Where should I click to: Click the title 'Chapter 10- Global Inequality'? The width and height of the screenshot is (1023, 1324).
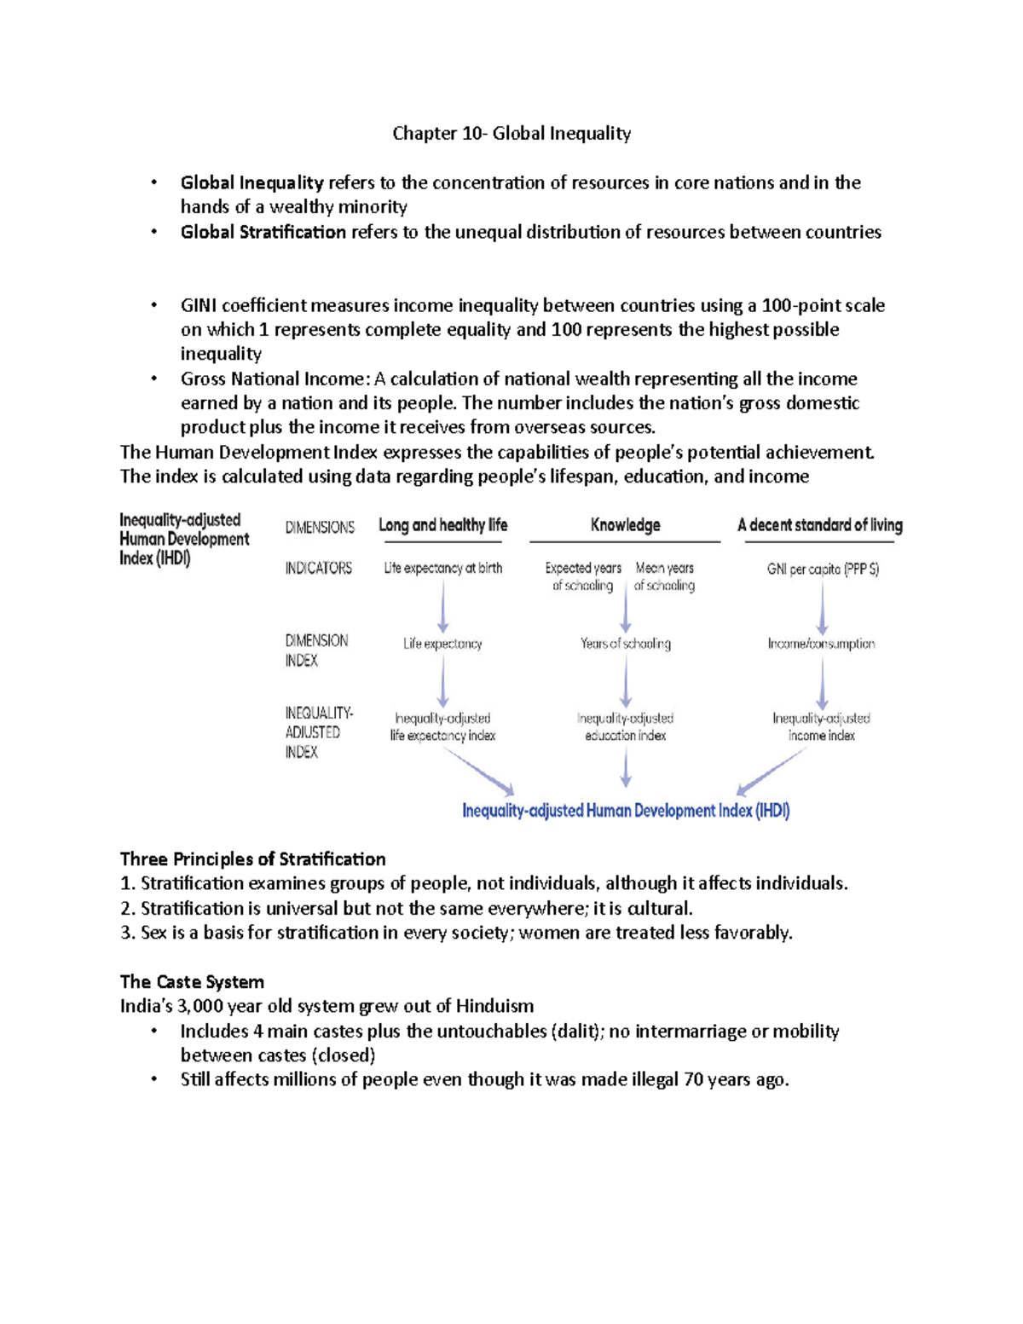[x=511, y=134]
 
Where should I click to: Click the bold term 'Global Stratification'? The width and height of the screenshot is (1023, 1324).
[x=263, y=232]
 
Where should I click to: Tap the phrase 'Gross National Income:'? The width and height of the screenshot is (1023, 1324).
[x=275, y=379]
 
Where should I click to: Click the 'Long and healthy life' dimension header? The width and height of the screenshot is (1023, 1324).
[x=442, y=525]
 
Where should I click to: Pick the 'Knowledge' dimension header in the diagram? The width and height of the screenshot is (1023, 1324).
[x=625, y=525]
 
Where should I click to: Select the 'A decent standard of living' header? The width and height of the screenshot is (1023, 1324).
[x=819, y=525]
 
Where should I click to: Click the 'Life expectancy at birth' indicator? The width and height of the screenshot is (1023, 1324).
[x=442, y=568]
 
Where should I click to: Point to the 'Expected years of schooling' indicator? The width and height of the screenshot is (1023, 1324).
[x=583, y=576]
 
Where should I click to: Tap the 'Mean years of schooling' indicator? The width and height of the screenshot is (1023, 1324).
[x=664, y=576]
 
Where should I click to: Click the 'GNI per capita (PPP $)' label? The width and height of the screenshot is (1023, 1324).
[x=822, y=569]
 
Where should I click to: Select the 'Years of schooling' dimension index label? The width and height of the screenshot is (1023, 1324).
[x=625, y=644]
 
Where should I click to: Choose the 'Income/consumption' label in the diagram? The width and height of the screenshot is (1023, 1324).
[x=821, y=644]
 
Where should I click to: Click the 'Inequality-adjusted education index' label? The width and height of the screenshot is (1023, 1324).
[x=625, y=726]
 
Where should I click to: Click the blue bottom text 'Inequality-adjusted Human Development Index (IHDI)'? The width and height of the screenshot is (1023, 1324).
[x=626, y=811]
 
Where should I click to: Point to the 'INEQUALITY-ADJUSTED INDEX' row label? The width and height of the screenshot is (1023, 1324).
[x=318, y=731]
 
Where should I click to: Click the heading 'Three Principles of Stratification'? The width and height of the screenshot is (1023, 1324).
[x=252, y=859]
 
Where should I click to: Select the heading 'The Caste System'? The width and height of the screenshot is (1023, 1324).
[x=192, y=981]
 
